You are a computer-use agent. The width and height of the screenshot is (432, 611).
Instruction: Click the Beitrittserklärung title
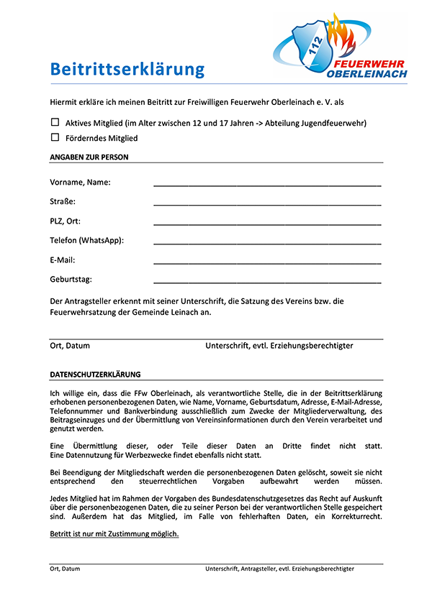[127, 70]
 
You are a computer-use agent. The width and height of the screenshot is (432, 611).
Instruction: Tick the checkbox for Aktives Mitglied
[55, 122]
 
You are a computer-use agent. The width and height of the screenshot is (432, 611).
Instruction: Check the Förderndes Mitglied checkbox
[55, 137]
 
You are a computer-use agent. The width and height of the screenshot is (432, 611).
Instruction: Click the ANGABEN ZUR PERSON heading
[89, 157]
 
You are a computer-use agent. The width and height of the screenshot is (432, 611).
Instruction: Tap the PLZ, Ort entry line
[267, 224]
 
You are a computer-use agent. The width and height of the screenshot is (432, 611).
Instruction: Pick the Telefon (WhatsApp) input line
[267, 243]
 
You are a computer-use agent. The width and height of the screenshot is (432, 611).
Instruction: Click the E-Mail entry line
[267, 262]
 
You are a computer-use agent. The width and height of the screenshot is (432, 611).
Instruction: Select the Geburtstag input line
[267, 282]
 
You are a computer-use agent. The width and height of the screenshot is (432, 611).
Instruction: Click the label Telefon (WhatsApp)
[87, 240]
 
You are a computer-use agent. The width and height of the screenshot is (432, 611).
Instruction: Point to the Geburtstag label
[71, 279]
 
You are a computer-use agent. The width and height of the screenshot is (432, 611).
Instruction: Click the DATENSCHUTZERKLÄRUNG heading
[95, 375]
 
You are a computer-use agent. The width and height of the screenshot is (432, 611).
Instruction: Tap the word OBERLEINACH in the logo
[366, 73]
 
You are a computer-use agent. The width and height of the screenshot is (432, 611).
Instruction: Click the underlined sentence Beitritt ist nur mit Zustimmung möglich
[114, 534]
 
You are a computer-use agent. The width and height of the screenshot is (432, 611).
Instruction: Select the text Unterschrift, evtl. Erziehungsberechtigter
[279, 346]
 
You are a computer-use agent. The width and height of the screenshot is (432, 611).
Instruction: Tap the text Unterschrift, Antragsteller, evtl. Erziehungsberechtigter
[279, 569]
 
